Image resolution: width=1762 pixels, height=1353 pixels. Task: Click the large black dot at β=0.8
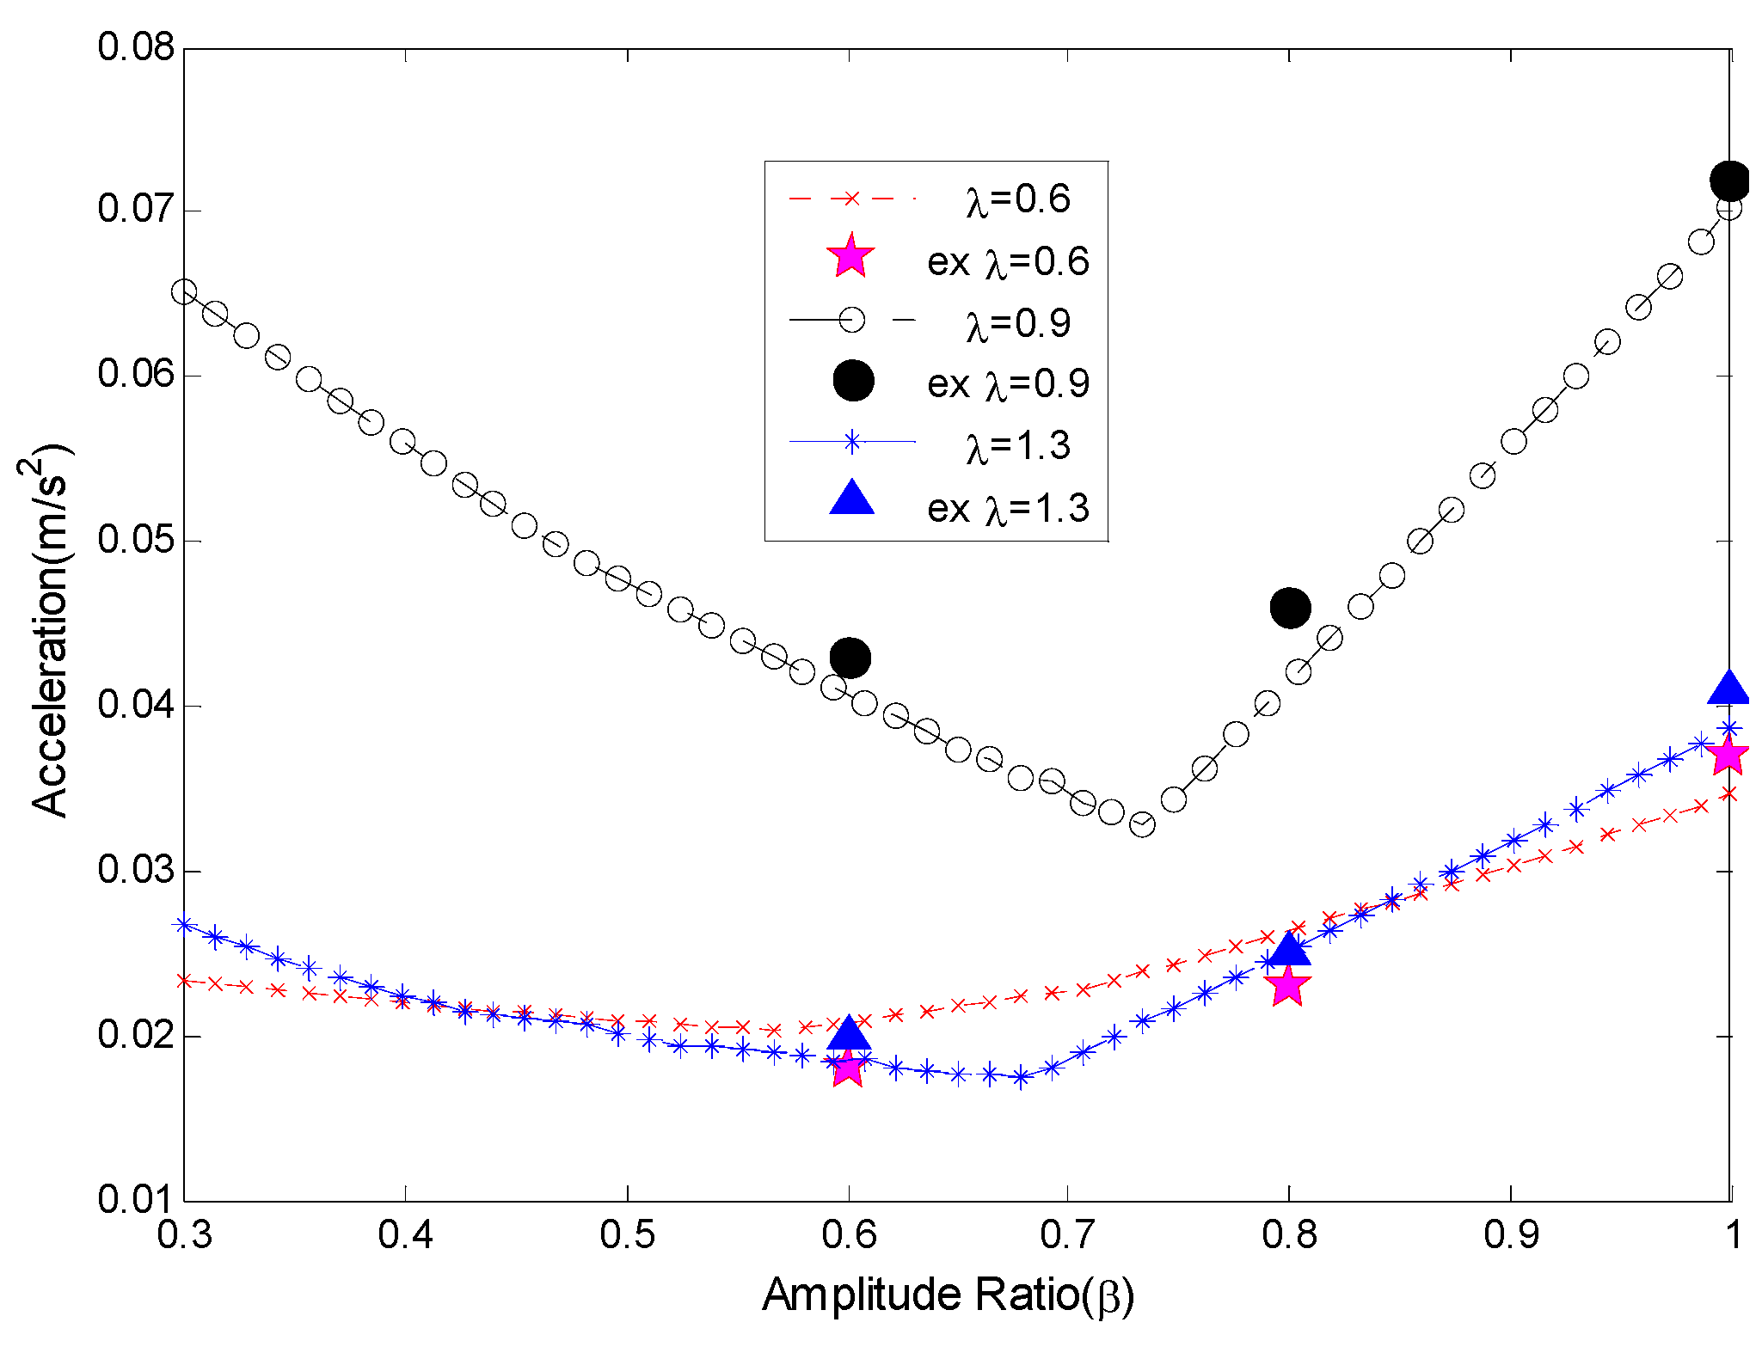[1289, 609]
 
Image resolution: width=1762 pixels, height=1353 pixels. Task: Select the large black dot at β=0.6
[850, 658]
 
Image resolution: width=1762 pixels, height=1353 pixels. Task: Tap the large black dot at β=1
[1729, 181]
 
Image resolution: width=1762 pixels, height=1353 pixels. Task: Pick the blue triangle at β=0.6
[850, 1032]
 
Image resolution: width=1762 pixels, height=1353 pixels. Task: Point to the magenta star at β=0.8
[1287, 985]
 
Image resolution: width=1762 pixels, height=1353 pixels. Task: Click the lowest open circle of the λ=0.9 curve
[1141, 824]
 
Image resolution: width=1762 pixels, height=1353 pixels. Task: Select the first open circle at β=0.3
[184, 292]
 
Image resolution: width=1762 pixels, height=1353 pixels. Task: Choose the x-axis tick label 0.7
[1067, 1235]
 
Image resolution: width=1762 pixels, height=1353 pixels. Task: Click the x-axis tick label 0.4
[405, 1235]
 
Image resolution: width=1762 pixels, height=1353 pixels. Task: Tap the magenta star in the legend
[850, 256]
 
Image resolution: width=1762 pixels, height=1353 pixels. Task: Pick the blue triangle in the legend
[851, 499]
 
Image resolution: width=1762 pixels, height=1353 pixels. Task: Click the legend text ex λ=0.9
[1008, 384]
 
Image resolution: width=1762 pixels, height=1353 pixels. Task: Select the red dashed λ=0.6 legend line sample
[851, 199]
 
